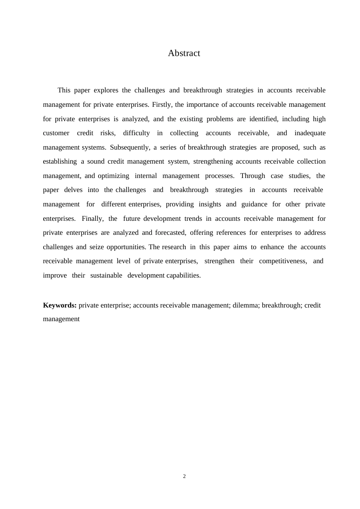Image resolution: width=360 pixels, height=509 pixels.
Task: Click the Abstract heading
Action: [184, 53]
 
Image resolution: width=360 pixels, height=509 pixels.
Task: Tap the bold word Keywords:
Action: [60, 305]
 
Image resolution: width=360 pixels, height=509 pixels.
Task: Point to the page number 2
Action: [185, 476]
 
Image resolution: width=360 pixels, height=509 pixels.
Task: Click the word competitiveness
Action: [283, 261]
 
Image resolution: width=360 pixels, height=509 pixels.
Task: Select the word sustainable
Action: [106, 275]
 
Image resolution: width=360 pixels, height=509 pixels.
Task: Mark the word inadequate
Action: [310, 133]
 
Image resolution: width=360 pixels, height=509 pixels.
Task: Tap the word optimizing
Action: [113, 176]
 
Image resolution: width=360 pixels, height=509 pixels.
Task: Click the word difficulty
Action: [136, 133]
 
